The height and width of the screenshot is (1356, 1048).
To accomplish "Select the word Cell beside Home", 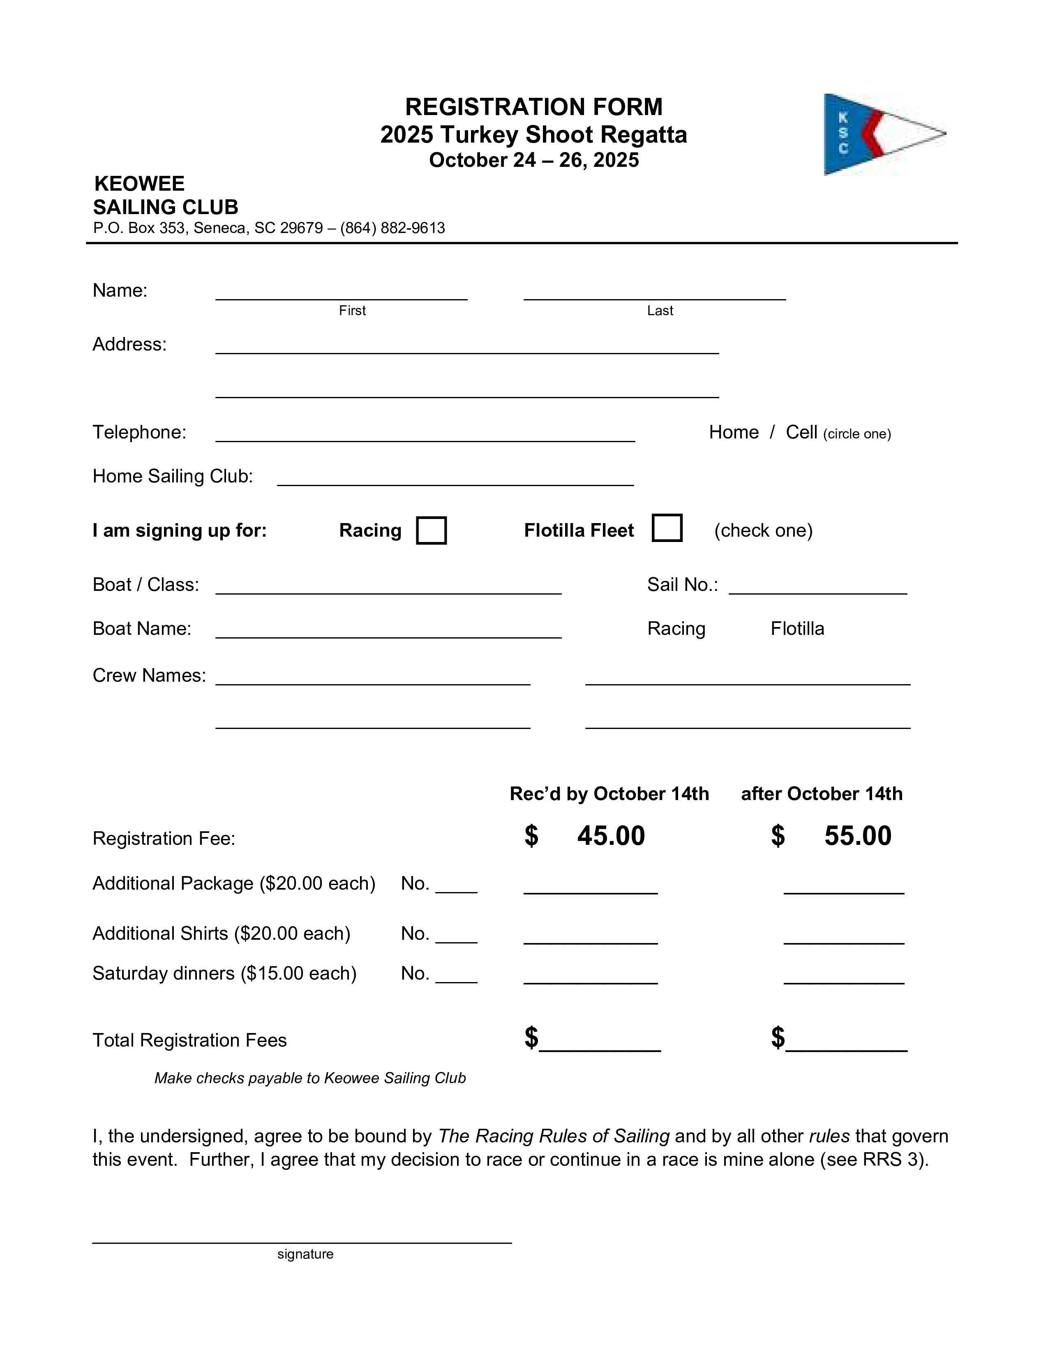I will click(x=801, y=432).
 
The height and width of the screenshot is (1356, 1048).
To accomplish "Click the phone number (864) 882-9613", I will click(x=392, y=228).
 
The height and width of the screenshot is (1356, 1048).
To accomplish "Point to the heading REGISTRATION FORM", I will click(x=533, y=107).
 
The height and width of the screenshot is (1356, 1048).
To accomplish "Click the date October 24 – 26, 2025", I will click(x=533, y=160).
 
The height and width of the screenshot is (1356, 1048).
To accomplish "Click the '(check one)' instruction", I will click(x=763, y=530).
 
